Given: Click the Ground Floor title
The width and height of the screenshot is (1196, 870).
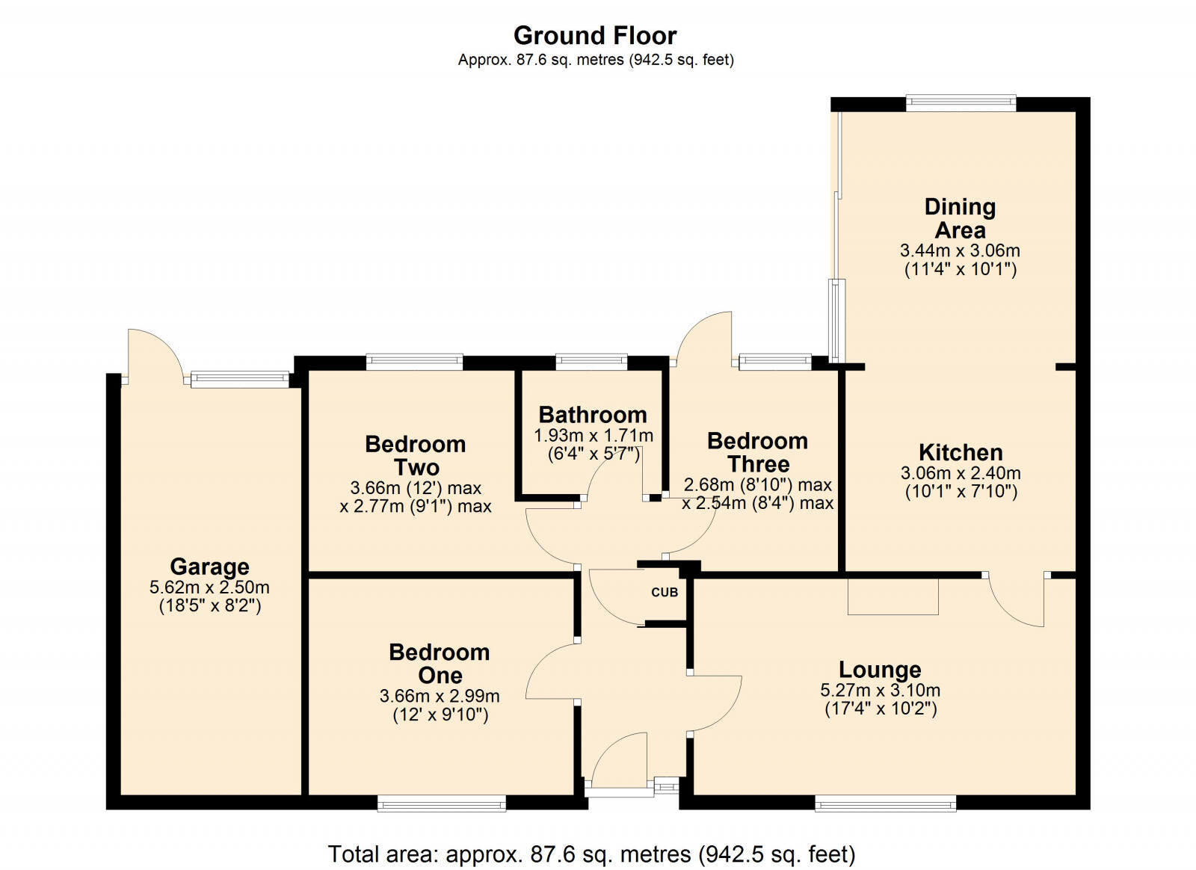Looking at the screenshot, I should [595, 35].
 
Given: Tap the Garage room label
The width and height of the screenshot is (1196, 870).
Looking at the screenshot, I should [209, 567].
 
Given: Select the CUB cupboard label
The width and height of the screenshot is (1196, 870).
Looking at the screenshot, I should [665, 592].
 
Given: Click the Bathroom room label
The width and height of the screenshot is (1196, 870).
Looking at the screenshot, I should [593, 415].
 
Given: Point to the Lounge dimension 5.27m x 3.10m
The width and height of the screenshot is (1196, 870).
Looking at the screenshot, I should [880, 691].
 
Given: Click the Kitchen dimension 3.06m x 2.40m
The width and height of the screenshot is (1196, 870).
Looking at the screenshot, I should [961, 473].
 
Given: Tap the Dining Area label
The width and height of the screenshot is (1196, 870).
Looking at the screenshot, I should [960, 217].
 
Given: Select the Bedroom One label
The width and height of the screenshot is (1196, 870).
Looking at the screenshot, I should [440, 663].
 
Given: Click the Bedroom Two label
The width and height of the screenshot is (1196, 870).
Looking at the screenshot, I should [416, 455].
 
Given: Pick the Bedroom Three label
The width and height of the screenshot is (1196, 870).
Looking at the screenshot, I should [757, 451].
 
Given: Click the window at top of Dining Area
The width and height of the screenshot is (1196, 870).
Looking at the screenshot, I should [961, 103].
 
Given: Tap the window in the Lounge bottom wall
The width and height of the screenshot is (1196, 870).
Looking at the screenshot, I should [885, 803].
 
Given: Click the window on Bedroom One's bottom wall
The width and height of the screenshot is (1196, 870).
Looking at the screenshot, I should [442, 803].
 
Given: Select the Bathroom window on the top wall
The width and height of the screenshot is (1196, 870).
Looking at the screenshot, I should [591, 362].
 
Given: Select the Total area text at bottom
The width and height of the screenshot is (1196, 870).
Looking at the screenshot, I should [591, 854].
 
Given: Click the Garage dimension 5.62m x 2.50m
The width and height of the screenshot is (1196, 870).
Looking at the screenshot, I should [209, 587].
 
